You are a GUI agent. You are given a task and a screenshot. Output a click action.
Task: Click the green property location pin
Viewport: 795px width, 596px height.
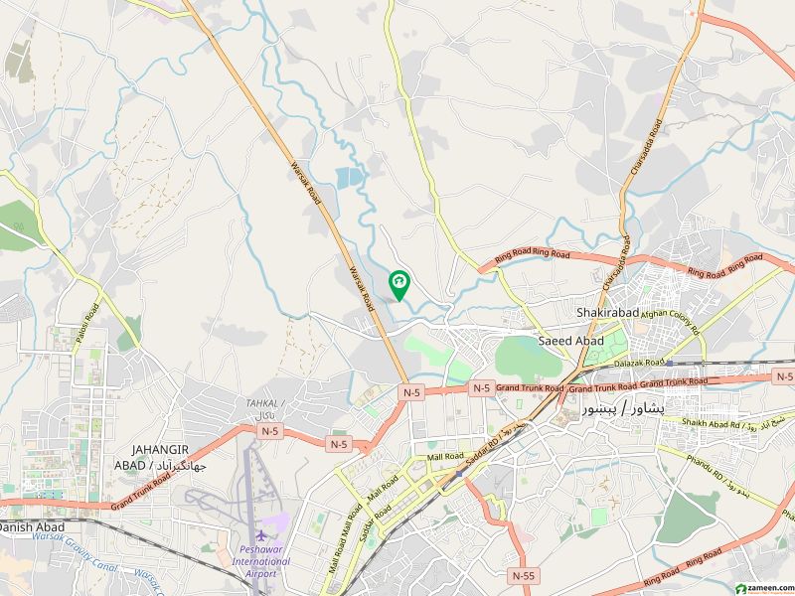click(x=398, y=285)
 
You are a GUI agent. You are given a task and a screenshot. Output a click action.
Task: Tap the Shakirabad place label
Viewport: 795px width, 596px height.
click(x=605, y=313)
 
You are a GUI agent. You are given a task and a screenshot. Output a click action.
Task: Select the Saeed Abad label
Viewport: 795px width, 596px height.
click(x=570, y=340)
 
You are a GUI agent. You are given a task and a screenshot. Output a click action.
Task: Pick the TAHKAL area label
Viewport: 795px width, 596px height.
click(x=264, y=403)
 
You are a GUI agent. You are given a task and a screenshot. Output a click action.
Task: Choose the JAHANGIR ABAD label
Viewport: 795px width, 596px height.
click(x=159, y=456)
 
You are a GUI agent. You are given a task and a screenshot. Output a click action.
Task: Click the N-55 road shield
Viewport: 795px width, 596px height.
click(x=523, y=575)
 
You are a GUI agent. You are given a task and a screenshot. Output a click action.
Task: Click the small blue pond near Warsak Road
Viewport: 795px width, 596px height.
click(x=349, y=179)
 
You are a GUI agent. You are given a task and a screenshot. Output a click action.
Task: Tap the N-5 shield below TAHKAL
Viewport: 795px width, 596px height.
click(x=268, y=430)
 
